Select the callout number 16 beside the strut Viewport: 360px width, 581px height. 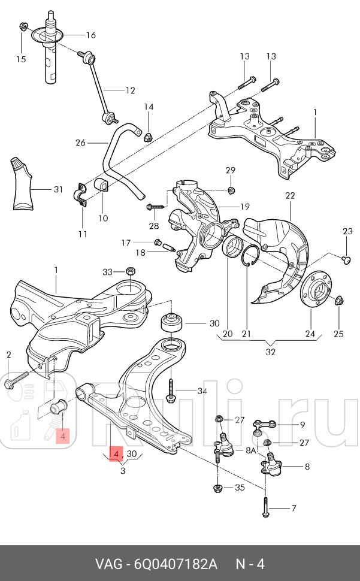90,35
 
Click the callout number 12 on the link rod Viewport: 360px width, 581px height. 130,90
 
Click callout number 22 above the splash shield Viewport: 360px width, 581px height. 290,196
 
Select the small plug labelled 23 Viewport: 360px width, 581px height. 346,259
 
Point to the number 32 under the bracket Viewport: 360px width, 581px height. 271,352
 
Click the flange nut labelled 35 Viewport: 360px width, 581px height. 219,488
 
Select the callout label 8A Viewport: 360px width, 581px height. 252,450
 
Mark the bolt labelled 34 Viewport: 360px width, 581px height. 171,391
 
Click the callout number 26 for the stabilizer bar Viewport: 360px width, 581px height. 81,143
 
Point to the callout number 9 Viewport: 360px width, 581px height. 302,425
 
